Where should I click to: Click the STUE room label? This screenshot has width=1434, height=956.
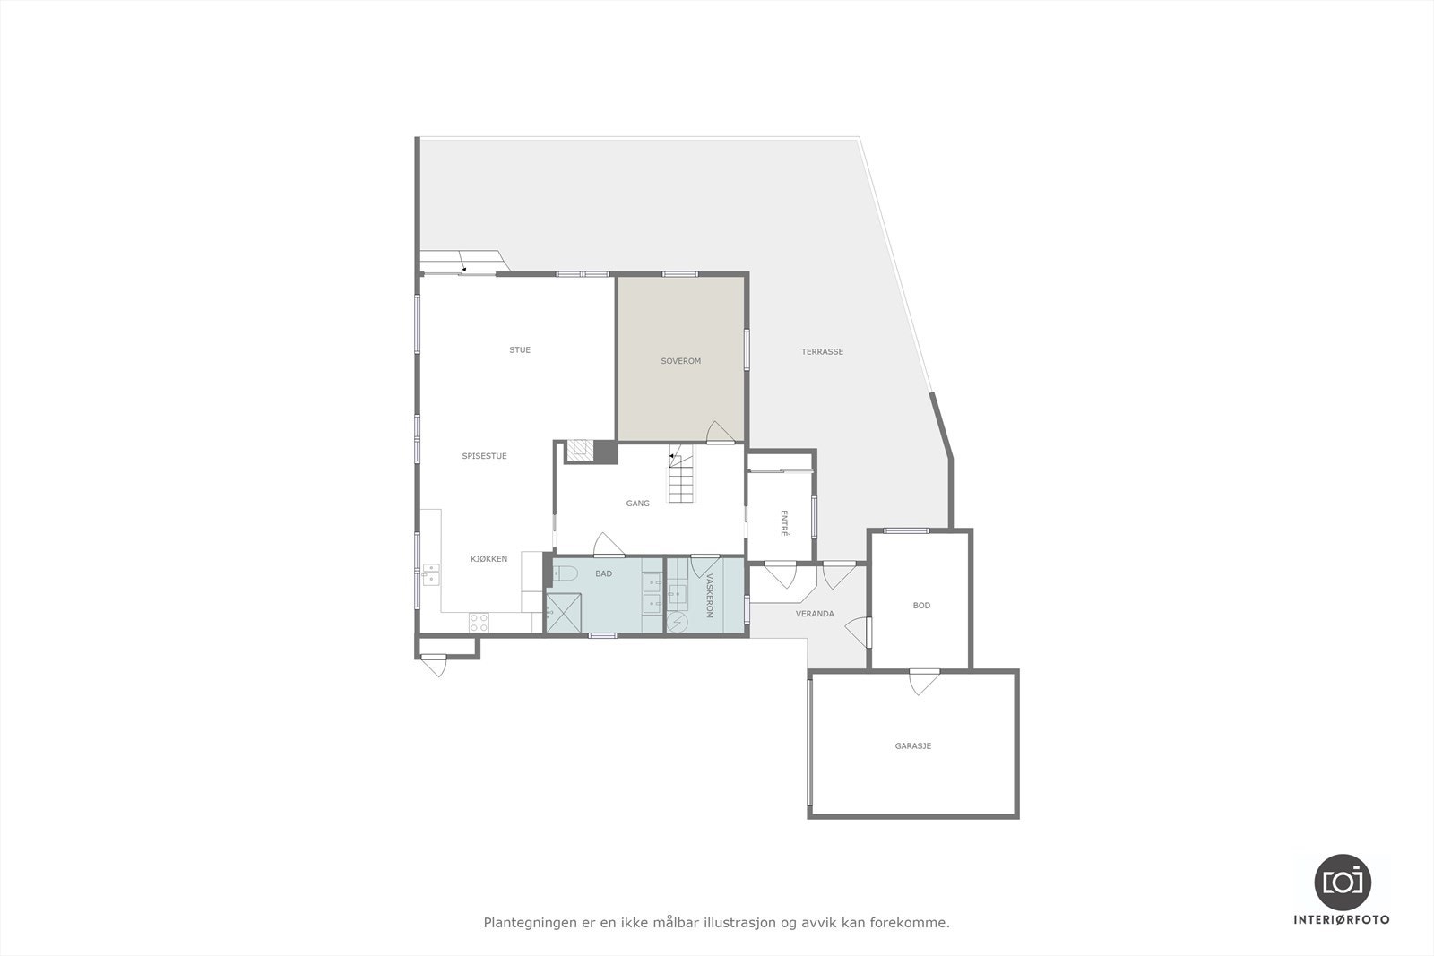520,350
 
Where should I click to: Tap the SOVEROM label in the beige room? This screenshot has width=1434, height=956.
680,361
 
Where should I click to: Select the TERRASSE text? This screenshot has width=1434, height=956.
822,352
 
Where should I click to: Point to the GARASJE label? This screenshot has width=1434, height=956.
912,745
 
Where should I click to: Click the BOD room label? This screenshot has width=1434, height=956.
921,606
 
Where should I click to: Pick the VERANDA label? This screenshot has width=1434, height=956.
815,614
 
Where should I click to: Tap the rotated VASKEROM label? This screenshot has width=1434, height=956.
709,596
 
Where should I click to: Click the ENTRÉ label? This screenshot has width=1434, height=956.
784,523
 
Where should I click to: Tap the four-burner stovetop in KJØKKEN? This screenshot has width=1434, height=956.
479,622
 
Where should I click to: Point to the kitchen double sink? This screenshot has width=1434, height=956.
431,574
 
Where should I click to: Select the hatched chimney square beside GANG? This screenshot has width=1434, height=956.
581,450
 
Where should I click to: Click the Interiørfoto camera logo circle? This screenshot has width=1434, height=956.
1342,882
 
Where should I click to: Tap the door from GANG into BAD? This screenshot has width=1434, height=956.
609,544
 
